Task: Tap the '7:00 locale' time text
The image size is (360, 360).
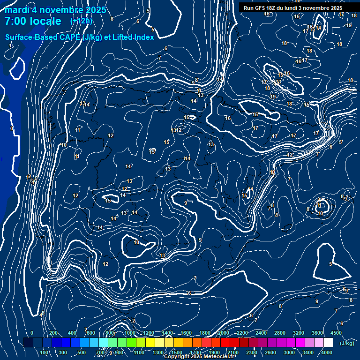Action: (33, 21)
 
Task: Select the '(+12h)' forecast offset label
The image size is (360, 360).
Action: (81, 21)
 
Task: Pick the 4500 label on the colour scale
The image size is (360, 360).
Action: (336, 333)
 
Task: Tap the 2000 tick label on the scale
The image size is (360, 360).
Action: (223, 333)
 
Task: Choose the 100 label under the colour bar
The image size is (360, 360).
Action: (45, 352)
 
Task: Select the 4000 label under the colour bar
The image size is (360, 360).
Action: (327, 352)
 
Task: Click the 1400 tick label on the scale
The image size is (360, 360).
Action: (167, 333)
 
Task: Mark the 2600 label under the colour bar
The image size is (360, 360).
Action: (270, 352)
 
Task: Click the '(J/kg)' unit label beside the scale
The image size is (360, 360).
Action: (347, 344)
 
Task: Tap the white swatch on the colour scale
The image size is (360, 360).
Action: (328, 343)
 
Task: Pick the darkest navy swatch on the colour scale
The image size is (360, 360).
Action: (28, 343)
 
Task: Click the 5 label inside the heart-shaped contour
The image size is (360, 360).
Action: (330, 264)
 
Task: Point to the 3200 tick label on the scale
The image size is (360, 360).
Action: (299, 333)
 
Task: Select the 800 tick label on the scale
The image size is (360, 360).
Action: (110, 333)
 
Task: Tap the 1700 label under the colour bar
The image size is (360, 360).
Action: (195, 352)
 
